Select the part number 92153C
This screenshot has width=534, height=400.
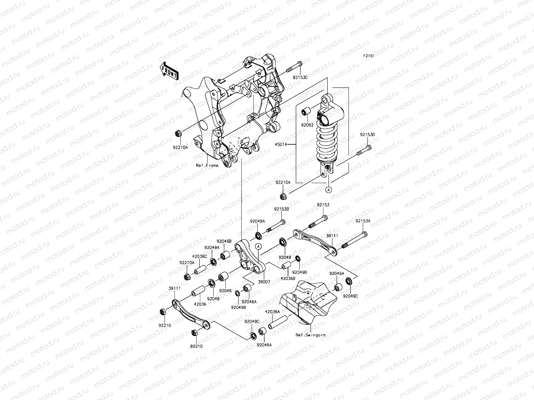[x=301, y=77]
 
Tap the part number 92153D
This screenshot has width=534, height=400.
[x=367, y=135]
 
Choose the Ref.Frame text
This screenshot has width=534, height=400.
[x=207, y=165]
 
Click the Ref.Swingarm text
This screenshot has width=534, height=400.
[x=310, y=335]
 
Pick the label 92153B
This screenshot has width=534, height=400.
[x=282, y=209]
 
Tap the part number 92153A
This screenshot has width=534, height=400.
[x=363, y=221]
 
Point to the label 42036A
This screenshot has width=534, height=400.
[x=272, y=312]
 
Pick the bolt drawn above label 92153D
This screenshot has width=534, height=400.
[x=363, y=150]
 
